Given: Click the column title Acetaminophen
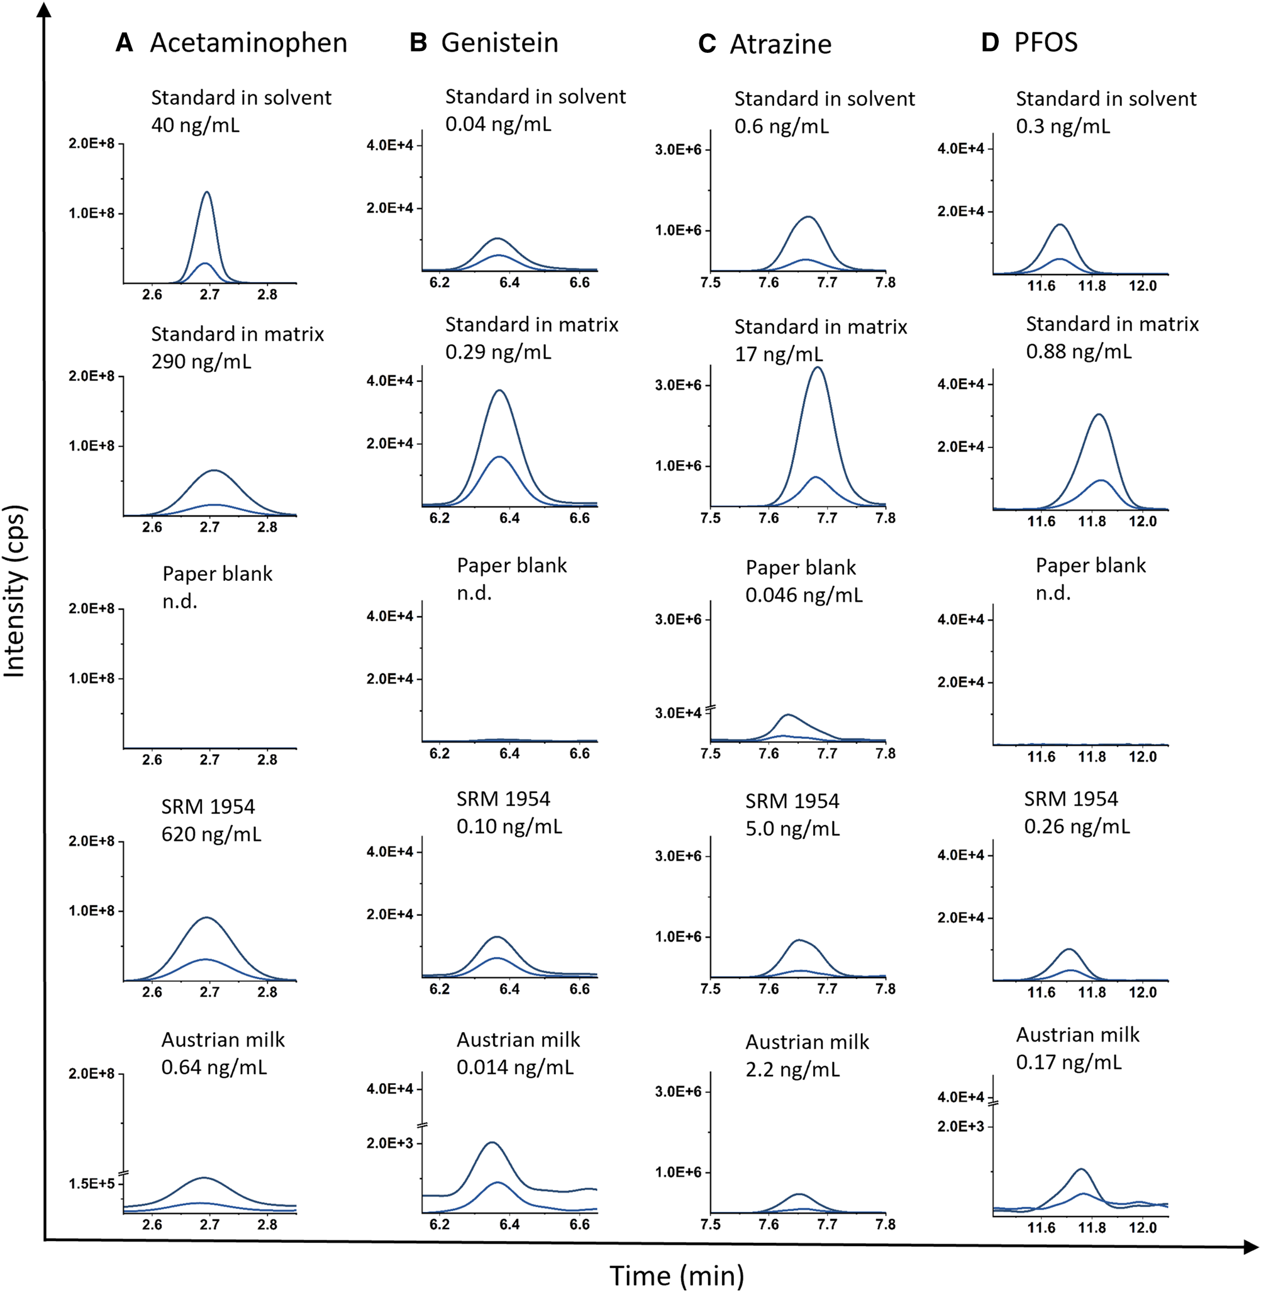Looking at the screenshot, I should [248, 43].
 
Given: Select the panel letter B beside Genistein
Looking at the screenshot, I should [418, 42].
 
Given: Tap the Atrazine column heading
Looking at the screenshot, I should [780, 45].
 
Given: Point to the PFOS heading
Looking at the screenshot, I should [1046, 42].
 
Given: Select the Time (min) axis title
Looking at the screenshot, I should [677, 1276].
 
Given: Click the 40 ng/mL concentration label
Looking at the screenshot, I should [196, 125].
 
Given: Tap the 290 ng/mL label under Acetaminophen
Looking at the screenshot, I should [201, 361].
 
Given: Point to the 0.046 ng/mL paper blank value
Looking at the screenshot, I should [804, 594].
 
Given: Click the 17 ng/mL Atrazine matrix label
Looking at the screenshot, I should [779, 354].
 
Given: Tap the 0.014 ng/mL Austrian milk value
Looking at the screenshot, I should [515, 1067].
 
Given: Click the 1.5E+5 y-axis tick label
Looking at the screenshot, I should [91, 1183].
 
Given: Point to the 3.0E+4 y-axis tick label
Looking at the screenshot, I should [678, 713].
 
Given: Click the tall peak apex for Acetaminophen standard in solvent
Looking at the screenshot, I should [208, 193].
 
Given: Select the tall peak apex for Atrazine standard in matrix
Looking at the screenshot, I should [819, 368].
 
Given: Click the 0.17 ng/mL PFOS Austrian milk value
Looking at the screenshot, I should [1069, 1062].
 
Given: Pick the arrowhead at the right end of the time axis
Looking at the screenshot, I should [1251, 1247].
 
